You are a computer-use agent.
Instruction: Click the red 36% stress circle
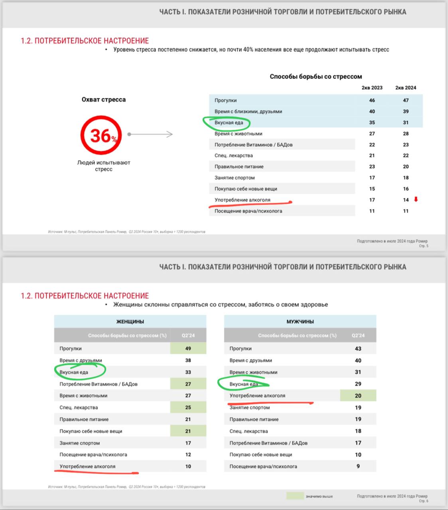pyautogui.click(x=101, y=135)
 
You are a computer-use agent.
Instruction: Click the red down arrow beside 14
pyautogui.click(x=416, y=199)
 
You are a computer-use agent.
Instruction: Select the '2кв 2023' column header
pyautogui.click(x=372, y=88)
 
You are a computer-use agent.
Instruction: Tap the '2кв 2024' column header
pyautogui.click(x=405, y=88)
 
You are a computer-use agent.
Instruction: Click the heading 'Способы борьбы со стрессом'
pyautogui.click(x=316, y=76)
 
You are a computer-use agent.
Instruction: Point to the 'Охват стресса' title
pyautogui.click(x=103, y=100)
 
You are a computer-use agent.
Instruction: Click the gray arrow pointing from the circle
pyautogui.click(x=151, y=134)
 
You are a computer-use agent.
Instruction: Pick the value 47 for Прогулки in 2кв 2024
pyautogui.click(x=405, y=100)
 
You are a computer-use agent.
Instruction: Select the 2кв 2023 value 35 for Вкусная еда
pyautogui.click(x=372, y=122)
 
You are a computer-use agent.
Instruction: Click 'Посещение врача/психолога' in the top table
pyautogui.click(x=248, y=211)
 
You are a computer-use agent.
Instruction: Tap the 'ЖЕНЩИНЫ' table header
pyautogui.click(x=130, y=322)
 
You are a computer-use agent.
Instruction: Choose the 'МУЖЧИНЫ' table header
pyautogui.click(x=300, y=322)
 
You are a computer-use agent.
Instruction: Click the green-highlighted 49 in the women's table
pyautogui.click(x=188, y=348)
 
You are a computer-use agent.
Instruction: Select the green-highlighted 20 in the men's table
pyautogui.click(x=358, y=396)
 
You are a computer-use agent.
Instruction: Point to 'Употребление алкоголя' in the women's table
pyautogui.click(x=87, y=466)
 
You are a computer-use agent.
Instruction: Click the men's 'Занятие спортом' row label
pyautogui.click(x=249, y=408)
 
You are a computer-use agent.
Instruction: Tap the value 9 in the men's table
pyautogui.click(x=358, y=466)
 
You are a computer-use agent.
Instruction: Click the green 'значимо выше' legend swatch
pyautogui.click(x=295, y=496)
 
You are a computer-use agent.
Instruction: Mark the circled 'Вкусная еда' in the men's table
pyautogui.click(x=243, y=384)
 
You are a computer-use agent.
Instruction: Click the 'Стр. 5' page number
pyautogui.click(x=423, y=246)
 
